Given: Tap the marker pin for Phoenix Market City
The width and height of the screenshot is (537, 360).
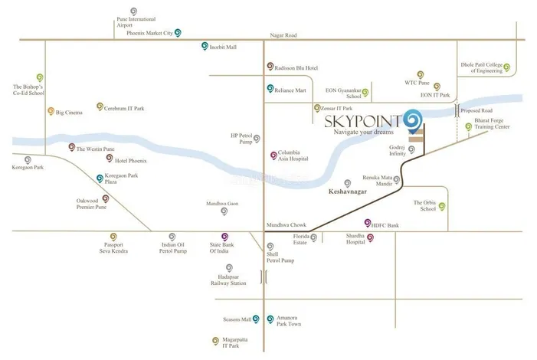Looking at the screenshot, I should tap(178, 33).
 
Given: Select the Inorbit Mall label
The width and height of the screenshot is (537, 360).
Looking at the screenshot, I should tap(223, 47).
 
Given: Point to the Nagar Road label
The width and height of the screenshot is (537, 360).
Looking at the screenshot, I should tap(284, 35).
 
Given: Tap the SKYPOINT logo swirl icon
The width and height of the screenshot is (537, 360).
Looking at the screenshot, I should tap(413, 120).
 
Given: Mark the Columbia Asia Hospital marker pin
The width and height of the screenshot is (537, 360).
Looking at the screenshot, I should tap(274, 156).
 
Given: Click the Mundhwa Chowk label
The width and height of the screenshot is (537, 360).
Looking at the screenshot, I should tap(286, 225).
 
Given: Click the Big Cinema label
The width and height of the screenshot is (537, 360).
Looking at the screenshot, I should tap(69, 113).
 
